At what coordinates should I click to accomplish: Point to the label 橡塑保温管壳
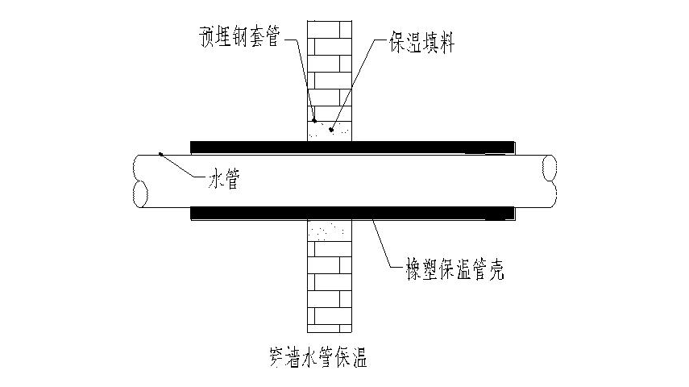(x=455, y=271)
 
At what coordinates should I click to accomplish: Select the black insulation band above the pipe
(x=352, y=147)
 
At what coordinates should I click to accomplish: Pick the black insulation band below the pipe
(x=352, y=213)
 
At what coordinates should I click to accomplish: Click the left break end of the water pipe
(x=140, y=181)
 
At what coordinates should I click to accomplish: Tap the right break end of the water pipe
(x=550, y=181)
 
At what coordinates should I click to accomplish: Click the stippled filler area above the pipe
(x=331, y=129)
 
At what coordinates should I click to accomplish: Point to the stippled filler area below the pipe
(x=331, y=231)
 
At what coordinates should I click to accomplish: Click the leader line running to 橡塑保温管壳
(x=387, y=246)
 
